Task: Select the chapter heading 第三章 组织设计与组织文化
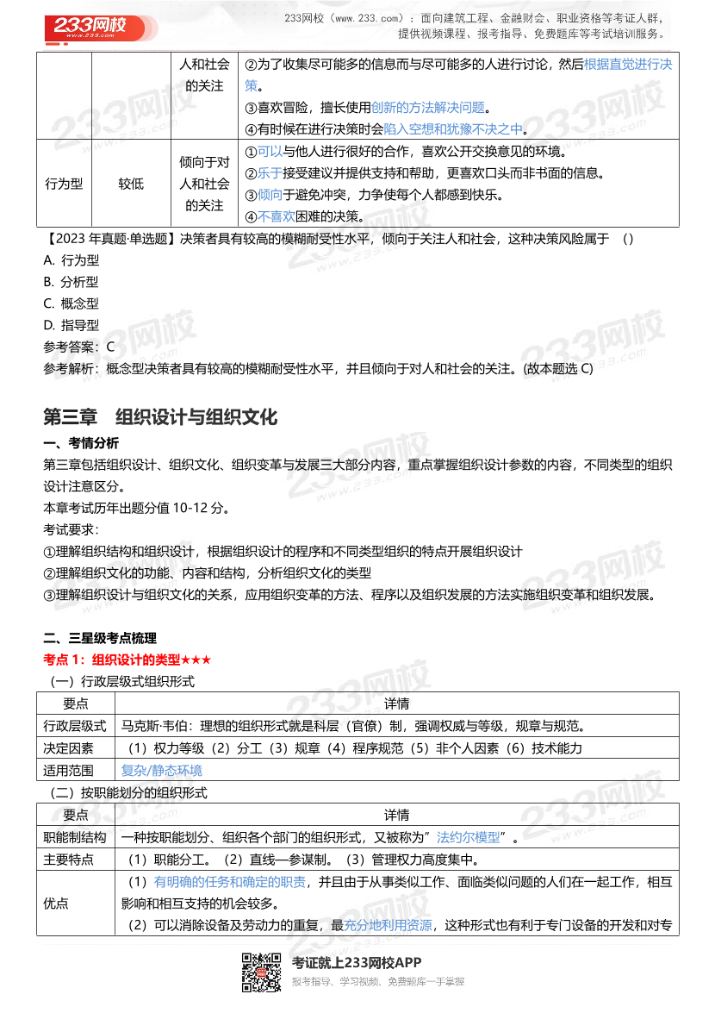coord(160,417)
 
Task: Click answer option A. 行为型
coord(71,260)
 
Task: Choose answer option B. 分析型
coord(71,282)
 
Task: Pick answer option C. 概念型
coord(71,303)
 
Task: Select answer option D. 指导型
coord(71,325)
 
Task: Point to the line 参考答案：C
coord(78,347)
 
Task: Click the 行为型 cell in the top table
coord(64,184)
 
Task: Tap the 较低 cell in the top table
coord(131,184)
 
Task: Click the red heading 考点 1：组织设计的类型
coord(127,660)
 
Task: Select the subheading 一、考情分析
coord(81,443)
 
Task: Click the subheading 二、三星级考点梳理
coord(100,638)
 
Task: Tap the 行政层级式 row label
coord(75,725)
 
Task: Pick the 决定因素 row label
coord(69,747)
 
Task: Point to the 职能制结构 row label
coord(75,837)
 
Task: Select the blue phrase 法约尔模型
coord(468,837)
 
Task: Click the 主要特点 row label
coord(69,860)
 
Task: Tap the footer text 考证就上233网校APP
coord(357,963)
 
